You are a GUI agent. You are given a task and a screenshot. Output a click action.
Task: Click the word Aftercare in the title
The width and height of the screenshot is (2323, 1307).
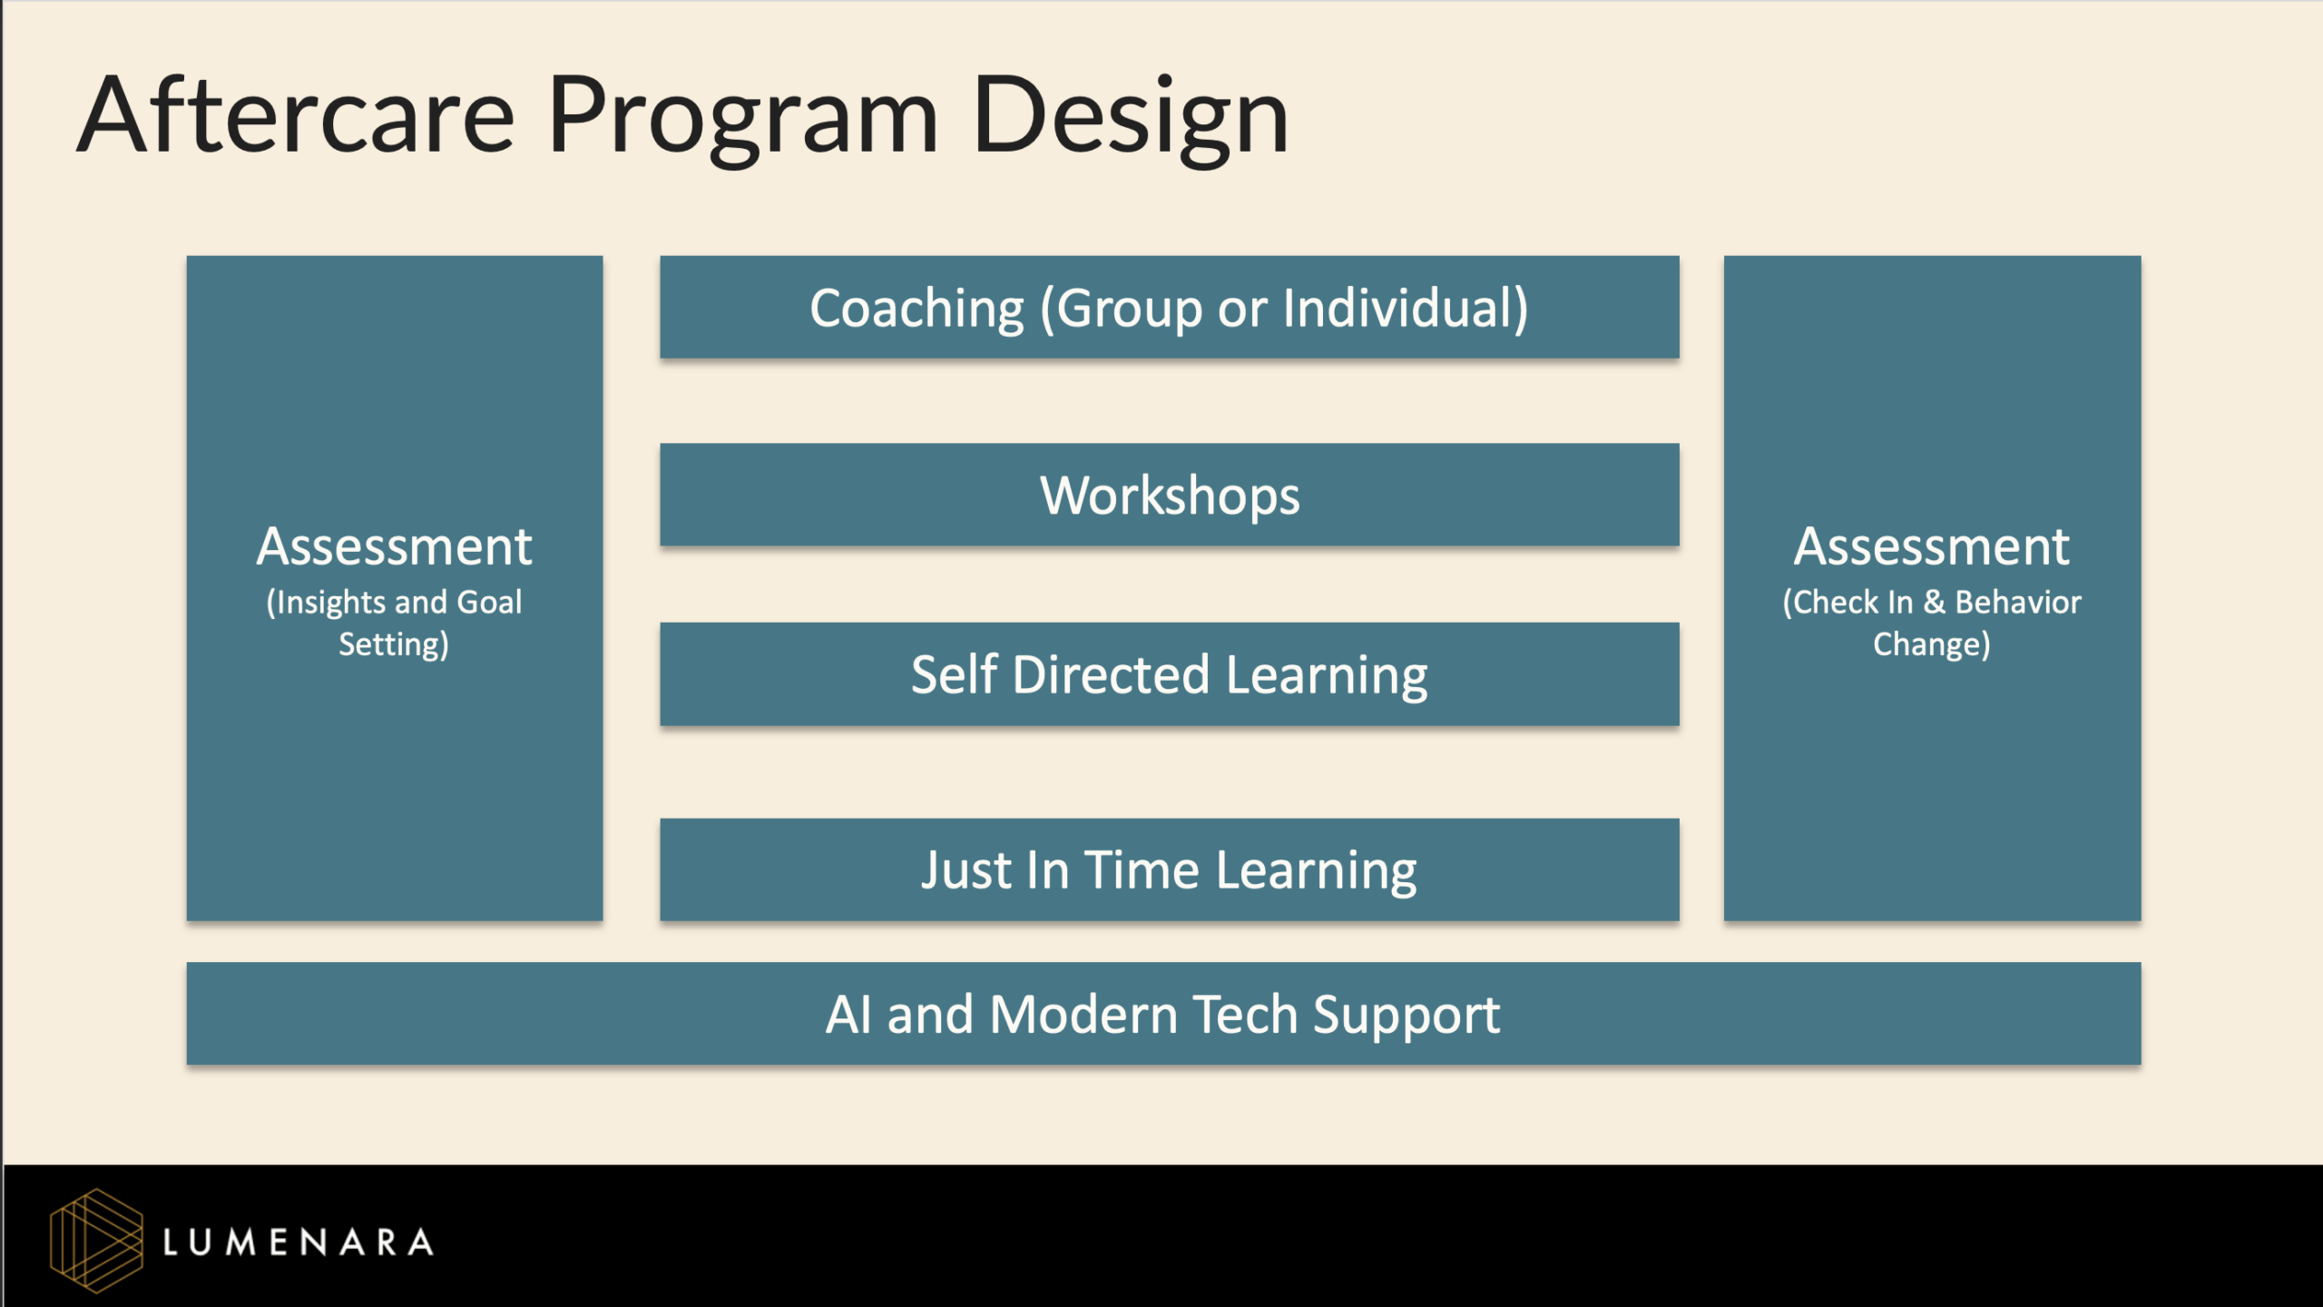point(296,116)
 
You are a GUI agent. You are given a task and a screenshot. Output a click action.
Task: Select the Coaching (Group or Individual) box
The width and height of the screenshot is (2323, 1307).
point(1169,308)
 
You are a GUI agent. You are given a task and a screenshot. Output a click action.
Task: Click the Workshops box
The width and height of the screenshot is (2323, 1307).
point(1169,495)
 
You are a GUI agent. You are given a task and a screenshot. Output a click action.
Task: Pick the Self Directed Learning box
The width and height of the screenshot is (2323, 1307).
point(1169,674)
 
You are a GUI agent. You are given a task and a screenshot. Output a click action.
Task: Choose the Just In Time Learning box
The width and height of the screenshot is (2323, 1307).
point(1169,870)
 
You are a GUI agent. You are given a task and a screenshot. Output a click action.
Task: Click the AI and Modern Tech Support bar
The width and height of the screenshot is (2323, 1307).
point(1162,1014)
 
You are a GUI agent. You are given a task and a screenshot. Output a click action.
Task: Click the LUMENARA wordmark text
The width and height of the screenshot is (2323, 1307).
point(298,1242)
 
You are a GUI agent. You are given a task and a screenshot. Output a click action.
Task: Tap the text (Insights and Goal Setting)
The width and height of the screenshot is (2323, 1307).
point(394,623)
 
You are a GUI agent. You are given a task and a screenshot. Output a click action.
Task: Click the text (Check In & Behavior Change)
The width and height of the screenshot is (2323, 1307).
point(1931,623)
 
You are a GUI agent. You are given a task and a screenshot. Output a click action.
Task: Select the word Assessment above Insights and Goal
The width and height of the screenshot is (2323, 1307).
point(394,546)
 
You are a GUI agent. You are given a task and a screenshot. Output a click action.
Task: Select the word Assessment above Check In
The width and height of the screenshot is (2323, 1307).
point(1931,546)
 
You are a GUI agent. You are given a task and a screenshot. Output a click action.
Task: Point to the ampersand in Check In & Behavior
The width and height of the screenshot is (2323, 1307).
point(1934,603)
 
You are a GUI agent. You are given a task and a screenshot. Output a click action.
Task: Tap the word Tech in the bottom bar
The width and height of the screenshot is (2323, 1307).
point(1244,1014)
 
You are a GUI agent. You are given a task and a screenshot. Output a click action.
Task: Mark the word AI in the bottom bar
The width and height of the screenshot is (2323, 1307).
point(848,1014)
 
